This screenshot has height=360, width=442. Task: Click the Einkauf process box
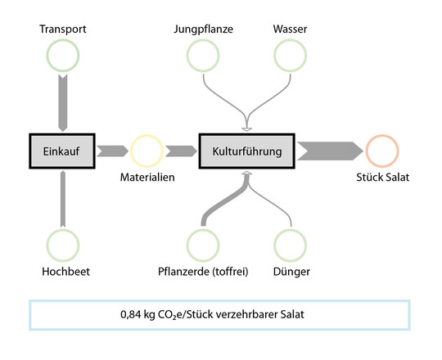tap(62, 151)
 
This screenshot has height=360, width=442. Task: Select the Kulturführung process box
tap(246, 151)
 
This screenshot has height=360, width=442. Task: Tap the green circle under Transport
tap(62, 56)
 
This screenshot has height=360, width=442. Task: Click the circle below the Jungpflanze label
tap(202, 56)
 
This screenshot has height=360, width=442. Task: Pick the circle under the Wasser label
tap(290, 56)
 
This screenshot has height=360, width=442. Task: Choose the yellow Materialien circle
tap(146, 151)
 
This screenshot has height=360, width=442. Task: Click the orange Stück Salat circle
tap(382, 151)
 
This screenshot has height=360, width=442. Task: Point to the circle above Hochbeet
tap(62, 245)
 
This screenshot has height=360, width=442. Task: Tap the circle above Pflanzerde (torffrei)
tap(202, 245)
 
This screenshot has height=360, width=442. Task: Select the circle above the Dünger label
tap(290, 245)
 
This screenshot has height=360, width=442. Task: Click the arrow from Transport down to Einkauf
tap(62, 101)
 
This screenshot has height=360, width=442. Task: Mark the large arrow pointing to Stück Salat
tap(329, 151)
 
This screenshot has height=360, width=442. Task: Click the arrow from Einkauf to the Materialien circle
tap(112, 151)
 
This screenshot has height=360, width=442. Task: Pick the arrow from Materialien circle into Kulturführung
tap(180, 151)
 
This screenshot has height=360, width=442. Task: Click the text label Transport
tap(62, 30)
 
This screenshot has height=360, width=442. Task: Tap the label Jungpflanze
tap(202, 30)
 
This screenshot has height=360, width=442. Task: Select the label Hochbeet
tap(62, 271)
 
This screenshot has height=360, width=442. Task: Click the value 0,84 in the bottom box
tap(130, 315)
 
